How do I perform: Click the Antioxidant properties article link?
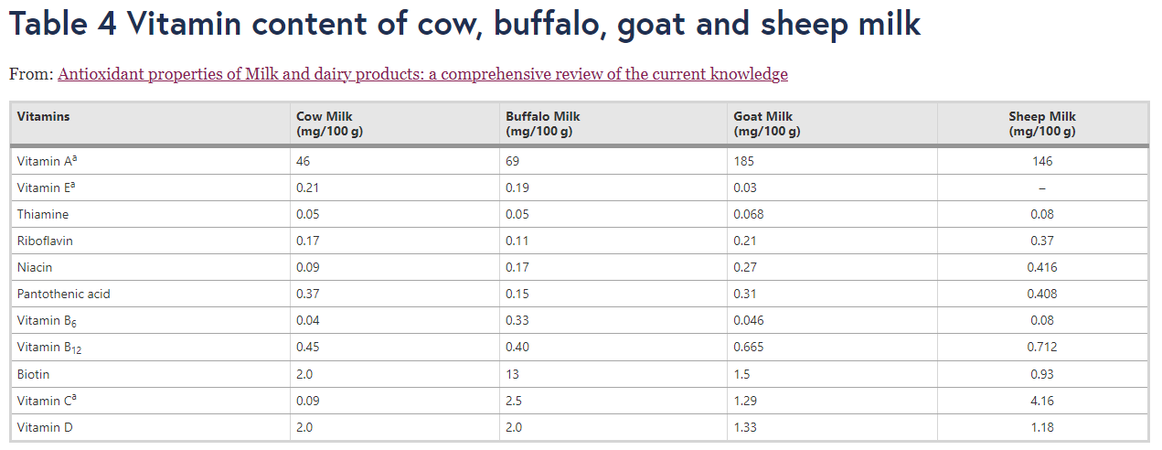pyautogui.click(x=422, y=75)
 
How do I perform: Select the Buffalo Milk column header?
pyautogui.click(x=542, y=123)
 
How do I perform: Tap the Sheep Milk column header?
pyautogui.click(x=1041, y=123)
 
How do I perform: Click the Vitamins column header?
pyautogui.click(x=43, y=117)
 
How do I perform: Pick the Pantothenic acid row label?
pyautogui.click(x=63, y=295)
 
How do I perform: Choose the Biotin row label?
pyautogui.click(x=33, y=375)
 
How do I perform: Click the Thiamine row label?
pyautogui.click(x=42, y=215)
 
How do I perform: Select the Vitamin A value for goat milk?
pyautogui.click(x=743, y=162)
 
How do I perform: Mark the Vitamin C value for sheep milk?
pyautogui.click(x=1041, y=402)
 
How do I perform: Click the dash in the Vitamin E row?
pyautogui.click(x=1041, y=188)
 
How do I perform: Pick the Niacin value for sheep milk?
pyautogui.click(x=1041, y=268)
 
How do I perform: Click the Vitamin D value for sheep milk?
pyautogui.click(x=1041, y=428)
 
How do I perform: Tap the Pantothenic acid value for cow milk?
pyautogui.click(x=307, y=295)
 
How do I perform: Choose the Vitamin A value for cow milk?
pyautogui.click(x=304, y=162)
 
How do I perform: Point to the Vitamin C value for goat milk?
pyautogui.click(x=746, y=402)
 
